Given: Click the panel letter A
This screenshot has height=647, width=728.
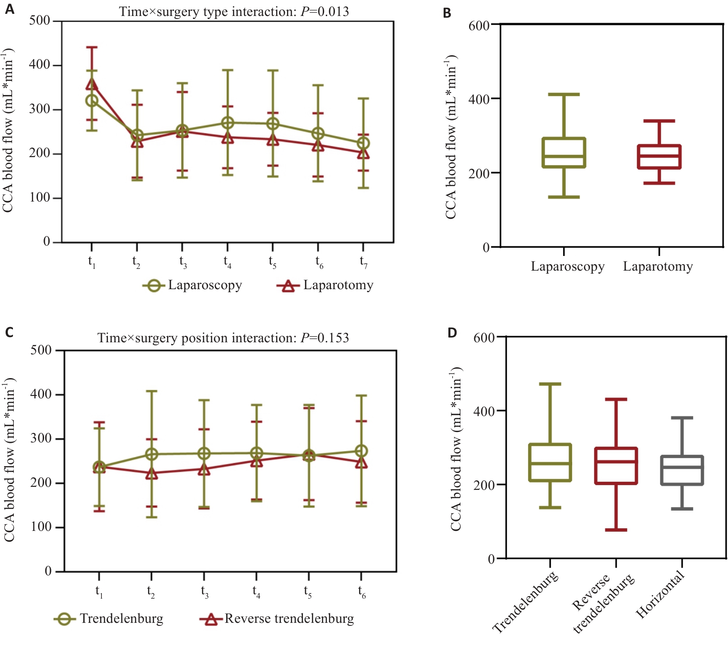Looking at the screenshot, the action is tap(9, 9).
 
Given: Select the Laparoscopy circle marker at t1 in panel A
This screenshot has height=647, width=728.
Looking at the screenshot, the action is tap(91, 101).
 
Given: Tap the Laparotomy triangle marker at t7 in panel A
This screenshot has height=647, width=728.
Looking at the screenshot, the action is tap(363, 153).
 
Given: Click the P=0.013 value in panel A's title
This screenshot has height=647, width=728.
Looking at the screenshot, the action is tap(325, 11).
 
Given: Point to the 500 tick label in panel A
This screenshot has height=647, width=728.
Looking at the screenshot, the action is tap(39, 20).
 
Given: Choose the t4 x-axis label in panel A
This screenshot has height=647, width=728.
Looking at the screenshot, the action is tap(227, 262).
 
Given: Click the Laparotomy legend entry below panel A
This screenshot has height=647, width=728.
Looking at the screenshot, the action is tap(325, 285).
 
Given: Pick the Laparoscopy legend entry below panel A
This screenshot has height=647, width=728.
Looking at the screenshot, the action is tap(192, 285).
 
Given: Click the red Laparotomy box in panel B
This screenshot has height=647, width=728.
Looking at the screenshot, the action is tap(659, 157).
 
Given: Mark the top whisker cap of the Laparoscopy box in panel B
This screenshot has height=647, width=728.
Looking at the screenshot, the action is tap(564, 94).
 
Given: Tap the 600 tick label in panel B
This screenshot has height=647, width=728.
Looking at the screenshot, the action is tap(479, 25).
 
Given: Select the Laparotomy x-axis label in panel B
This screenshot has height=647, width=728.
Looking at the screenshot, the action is tap(658, 266).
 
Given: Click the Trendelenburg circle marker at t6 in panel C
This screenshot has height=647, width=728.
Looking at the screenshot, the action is tap(361, 451).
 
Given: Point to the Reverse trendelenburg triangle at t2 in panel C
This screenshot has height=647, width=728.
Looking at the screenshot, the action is tap(151, 474).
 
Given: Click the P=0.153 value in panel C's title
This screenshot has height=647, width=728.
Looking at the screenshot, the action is tap(325, 338).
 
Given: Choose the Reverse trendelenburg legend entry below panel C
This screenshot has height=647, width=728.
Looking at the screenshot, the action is tap(277, 619).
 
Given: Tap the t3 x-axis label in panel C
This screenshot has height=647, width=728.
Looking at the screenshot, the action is tap(205, 591).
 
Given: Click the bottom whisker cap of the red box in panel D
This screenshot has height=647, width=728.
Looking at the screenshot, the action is tap(616, 530).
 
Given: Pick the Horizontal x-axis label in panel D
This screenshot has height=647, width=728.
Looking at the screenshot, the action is tap(661, 594).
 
